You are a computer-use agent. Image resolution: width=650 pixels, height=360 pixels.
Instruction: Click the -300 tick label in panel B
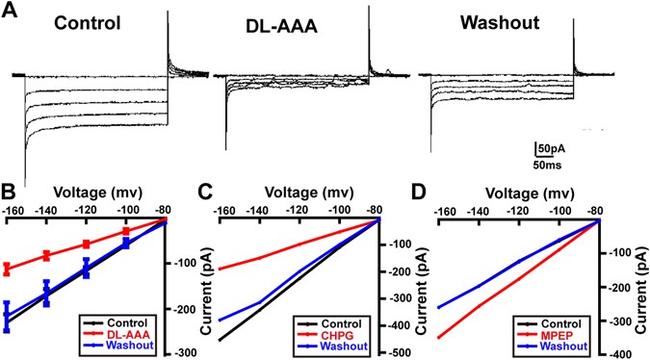point(184,353)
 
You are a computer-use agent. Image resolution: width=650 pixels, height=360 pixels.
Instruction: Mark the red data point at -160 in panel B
point(8,269)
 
